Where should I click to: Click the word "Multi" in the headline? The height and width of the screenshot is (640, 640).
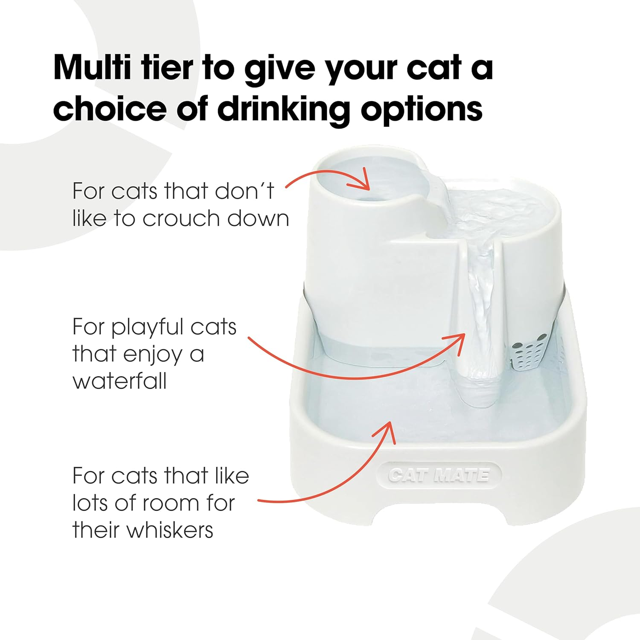tap(92, 68)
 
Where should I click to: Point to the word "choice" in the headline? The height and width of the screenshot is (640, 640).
tap(110, 109)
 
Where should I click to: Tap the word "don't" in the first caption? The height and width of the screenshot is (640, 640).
tap(244, 191)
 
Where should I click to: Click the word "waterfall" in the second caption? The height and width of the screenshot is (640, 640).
tap(119, 381)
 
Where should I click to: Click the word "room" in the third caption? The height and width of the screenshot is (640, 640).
tap(174, 503)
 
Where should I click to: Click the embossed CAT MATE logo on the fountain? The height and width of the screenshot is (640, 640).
tap(439, 475)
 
